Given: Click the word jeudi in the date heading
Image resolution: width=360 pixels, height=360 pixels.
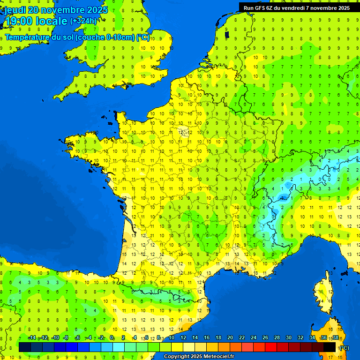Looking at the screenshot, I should [x=16, y=10].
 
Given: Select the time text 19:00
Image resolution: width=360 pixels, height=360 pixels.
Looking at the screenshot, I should [x=19, y=21].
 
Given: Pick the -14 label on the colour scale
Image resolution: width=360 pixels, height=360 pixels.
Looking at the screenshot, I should [x=32, y=338].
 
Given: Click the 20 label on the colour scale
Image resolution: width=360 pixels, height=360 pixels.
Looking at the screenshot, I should [x=230, y=338].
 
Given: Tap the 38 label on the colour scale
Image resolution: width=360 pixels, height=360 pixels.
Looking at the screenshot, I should [x=336, y=338].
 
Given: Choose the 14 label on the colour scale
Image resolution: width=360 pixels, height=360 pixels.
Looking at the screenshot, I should [x=195, y=338].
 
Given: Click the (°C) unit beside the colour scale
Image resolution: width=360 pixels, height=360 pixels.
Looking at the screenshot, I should [x=344, y=348].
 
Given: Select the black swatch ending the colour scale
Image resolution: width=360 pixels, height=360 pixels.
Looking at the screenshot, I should [x=330, y=347].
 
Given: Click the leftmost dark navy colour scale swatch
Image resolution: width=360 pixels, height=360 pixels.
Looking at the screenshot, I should [x=25, y=347].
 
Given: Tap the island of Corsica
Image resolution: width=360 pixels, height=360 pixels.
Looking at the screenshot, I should [x=322, y=295].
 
